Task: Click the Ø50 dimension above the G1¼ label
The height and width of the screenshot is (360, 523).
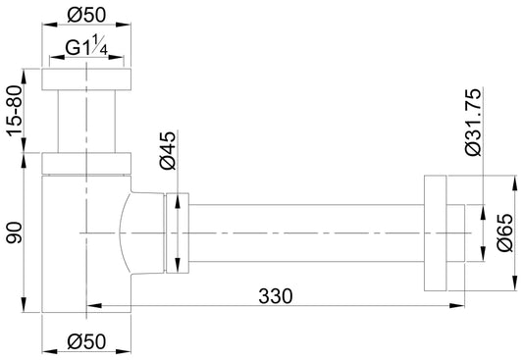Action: pyautogui.click(x=86, y=16)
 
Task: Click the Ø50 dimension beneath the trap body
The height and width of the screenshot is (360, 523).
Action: pyautogui.click(x=86, y=343)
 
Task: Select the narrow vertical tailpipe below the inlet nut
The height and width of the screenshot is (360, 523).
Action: pyautogui.click(x=86, y=122)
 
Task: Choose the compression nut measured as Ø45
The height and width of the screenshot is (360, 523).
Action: pyautogui.click(x=177, y=233)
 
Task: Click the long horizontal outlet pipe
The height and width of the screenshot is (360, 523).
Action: pyautogui.click(x=304, y=233)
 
